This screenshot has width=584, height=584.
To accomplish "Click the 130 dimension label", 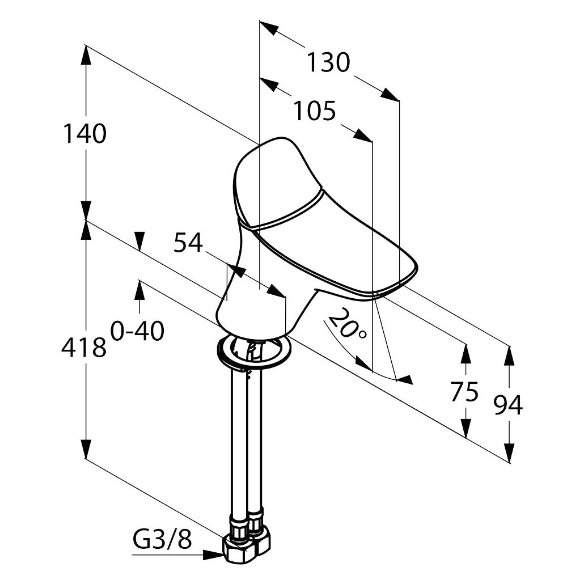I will tap(328, 62).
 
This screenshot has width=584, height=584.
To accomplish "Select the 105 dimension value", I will tap(314, 111).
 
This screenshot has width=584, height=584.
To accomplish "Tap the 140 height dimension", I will tap(84, 134).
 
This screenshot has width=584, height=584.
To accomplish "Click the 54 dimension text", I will tap(188, 243).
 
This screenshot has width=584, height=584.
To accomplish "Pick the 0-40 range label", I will tap(138, 331).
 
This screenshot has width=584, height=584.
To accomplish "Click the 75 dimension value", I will tap(464, 392).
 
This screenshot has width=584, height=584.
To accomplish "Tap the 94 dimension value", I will tap(507, 405).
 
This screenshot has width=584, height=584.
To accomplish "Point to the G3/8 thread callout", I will tap(162, 539).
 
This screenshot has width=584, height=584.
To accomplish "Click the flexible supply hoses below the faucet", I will tap(244, 442).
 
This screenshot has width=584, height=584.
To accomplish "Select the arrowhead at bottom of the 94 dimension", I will tap(509, 453).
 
